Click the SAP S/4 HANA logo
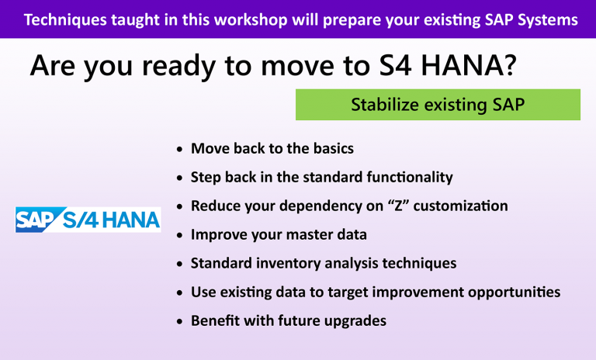(88, 220)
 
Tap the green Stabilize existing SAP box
(438, 105)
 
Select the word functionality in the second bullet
(406, 177)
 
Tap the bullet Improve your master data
(279, 234)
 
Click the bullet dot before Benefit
(180, 321)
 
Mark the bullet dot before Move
(180, 149)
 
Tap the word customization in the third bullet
(461, 206)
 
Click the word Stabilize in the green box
(384, 105)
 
